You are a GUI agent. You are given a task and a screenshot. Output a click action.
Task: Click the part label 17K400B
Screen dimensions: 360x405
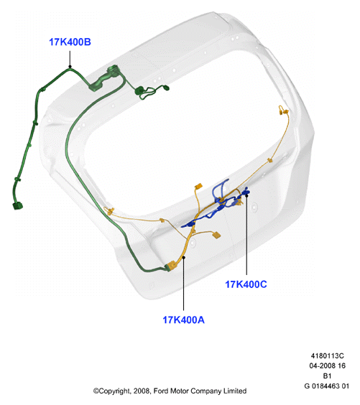pyautogui.click(x=70, y=42)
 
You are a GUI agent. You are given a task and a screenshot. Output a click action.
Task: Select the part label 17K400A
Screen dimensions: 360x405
pyautogui.click(x=183, y=320)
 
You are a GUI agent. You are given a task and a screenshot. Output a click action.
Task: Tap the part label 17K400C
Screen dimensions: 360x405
pyautogui.click(x=246, y=284)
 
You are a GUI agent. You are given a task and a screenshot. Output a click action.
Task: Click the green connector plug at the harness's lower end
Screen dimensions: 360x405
pyautogui.click(x=17, y=206)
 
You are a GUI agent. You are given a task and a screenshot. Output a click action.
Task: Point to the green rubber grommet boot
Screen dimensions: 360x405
pyautogui.click(x=103, y=78)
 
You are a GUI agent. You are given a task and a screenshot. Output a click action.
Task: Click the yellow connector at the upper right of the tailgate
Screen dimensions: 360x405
pyautogui.click(x=283, y=110)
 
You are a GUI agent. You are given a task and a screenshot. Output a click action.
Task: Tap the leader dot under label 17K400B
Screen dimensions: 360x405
pyautogui.click(x=70, y=67)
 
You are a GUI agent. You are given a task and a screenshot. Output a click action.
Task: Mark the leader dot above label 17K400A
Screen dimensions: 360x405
pyautogui.click(x=183, y=257)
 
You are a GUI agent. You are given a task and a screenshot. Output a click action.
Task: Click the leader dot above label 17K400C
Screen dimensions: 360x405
pyautogui.click(x=246, y=196)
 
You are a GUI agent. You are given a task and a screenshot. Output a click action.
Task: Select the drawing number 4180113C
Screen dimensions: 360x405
pyautogui.click(x=327, y=355)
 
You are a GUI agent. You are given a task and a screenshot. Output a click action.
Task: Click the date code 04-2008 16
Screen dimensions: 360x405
pyautogui.click(x=327, y=366)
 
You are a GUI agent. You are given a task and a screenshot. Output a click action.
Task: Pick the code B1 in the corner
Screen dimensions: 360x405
pyautogui.click(x=327, y=376)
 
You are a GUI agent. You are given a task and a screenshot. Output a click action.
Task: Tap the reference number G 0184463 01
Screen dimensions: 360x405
pyautogui.click(x=327, y=386)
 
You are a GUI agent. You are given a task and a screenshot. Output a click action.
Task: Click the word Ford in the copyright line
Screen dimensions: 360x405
pyautogui.click(x=160, y=391)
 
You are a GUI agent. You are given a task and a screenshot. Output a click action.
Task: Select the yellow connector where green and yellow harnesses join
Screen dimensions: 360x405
pyautogui.click(x=171, y=266)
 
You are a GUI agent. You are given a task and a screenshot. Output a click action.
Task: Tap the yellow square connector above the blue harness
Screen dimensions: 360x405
pyautogui.click(x=198, y=186)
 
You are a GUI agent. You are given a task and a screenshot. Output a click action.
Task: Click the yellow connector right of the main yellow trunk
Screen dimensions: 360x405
pyautogui.click(x=216, y=235)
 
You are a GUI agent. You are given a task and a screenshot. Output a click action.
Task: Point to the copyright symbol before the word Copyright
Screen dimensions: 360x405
pyautogui.click(x=96, y=391)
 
